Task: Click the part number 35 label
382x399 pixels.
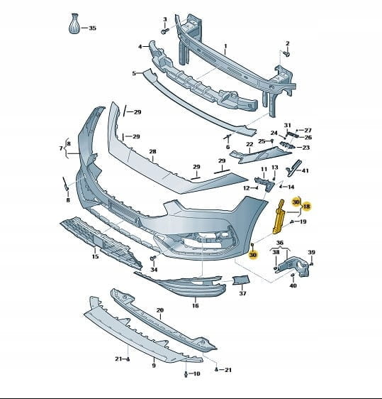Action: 92,28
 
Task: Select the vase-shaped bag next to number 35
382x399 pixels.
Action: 74,23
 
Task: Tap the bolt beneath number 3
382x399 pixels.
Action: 164,31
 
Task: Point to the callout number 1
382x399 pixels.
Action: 225,46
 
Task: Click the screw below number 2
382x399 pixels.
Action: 286,54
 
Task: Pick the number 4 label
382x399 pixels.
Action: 140,47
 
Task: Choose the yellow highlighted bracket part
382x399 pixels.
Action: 279,217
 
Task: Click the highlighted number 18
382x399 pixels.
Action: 307,206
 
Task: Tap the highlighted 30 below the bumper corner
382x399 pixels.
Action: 253,255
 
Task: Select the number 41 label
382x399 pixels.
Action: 305,170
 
